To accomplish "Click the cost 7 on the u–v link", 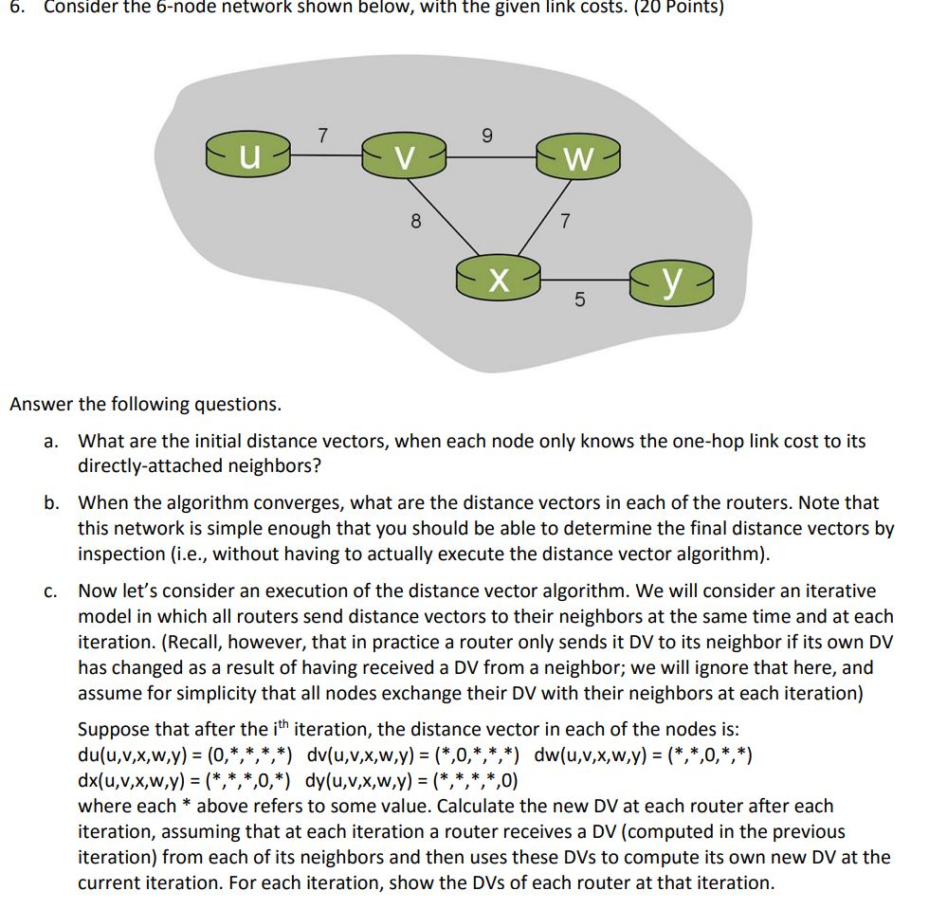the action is (x=321, y=136).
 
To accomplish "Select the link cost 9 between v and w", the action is (x=487, y=136).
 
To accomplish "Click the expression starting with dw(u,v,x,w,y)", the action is (x=645, y=756).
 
